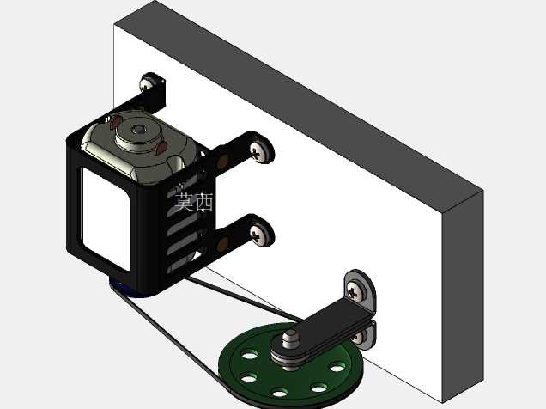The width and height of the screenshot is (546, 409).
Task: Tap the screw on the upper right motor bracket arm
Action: [262, 151]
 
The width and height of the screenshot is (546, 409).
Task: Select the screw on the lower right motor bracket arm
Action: [262, 235]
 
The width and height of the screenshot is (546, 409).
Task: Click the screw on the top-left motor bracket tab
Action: [147, 83]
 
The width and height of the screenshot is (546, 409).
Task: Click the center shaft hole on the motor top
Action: [138, 131]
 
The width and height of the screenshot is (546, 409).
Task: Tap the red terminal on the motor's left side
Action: [116, 122]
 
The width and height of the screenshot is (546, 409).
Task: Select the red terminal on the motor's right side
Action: [161, 148]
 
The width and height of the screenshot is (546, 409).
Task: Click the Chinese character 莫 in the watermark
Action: [184, 202]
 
